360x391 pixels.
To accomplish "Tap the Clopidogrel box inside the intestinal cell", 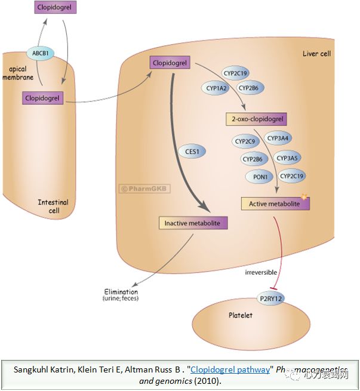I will pyautogui.click(x=42, y=97).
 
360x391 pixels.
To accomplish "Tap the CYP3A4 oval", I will pyautogui.click(x=279, y=138).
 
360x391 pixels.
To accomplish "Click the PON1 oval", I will pyautogui.click(x=259, y=177).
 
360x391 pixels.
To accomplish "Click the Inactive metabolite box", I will pyautogui.click(x=192, y=223).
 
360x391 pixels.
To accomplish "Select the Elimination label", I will pyautogui.click(x=121, y=293).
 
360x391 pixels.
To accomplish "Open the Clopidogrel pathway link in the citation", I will pyautogui.click(x=230, y=370).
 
